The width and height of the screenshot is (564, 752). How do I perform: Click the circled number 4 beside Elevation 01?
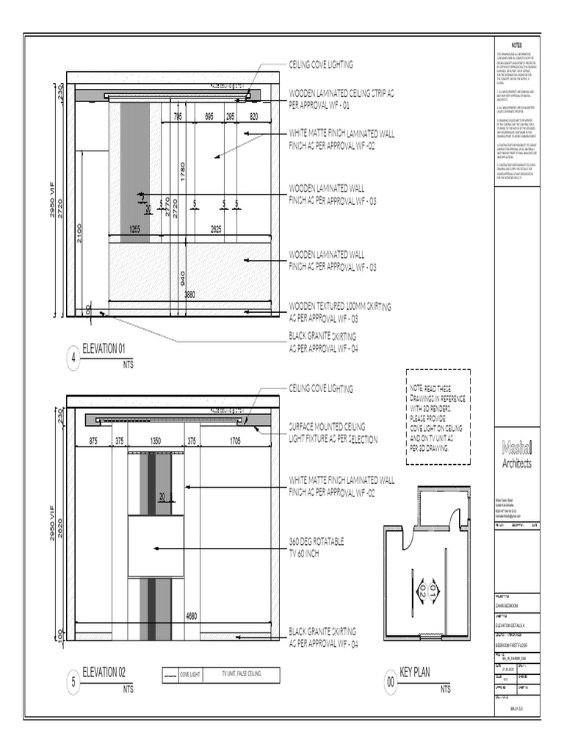point(73,358)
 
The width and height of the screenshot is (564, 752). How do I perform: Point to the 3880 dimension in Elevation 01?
point(189,294)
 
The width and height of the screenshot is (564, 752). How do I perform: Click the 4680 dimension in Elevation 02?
point(192,615)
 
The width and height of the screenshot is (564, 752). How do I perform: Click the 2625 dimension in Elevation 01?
point(217,230)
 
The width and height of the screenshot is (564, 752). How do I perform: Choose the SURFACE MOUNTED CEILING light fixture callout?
point(333,433)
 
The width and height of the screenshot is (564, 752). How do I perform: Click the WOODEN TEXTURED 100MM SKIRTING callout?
point(339,311)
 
